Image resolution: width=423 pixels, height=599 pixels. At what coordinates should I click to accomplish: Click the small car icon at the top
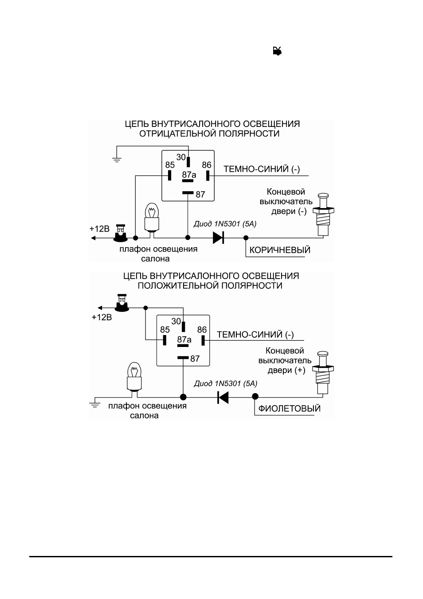pyautogui.click(x=277, y=51)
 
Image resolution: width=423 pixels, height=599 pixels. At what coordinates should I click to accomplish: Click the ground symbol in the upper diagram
pyautogui.click(x=117, y=160)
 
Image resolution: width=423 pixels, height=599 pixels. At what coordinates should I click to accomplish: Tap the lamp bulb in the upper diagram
pyautogui.click(x=152, y=217)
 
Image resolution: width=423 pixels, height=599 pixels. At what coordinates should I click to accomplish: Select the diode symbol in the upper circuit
pyautogui.click(x=218, y=237)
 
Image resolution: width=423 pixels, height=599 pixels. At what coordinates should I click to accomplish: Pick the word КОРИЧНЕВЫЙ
pyautogui.click(x=280, y=250)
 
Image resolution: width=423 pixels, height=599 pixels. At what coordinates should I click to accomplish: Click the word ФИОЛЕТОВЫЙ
pyautogui.click(x=290, y=408)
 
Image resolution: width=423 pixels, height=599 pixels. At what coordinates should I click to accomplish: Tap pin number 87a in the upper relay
pyautogui.click(x=189, y=175)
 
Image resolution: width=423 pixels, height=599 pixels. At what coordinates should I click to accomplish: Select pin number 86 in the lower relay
pyautogui.click(x=202, y=330)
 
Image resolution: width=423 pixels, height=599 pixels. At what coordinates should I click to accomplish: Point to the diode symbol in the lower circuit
pyautogui.click(x=223, y=398)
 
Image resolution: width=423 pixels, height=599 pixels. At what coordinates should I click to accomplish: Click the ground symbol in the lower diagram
pyautogui.click(x=94, y=405)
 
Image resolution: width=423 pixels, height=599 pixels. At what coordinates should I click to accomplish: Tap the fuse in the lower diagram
pyautogui.click(x=122, y=303)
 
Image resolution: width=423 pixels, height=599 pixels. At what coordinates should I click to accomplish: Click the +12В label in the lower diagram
pyautogui.click(x=102, y=317)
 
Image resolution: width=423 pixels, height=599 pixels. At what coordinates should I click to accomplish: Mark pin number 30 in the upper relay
pyautogui.click(x=181, y=157)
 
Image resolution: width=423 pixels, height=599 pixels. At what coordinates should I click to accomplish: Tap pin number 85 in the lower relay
pyautogui.click(x=165, y=330)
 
